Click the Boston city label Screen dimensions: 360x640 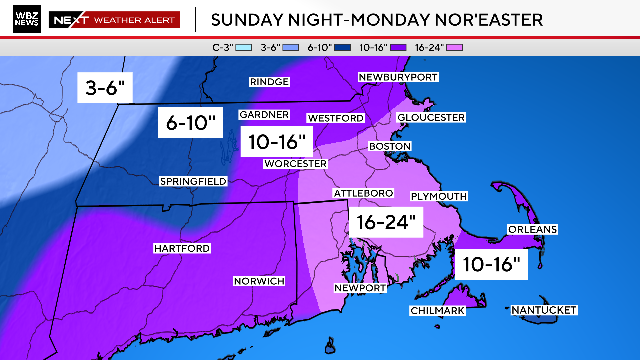coord(390,146)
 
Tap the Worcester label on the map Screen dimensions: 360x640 coord(295,163)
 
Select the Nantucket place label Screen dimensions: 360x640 coord(543,311)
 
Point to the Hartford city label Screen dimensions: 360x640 coord(181,247)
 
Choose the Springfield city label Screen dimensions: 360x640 coord(193,181)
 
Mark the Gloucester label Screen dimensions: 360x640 coord(431,117)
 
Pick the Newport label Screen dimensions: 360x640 coord(360,288)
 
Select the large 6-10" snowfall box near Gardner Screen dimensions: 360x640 coord(188,124)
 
